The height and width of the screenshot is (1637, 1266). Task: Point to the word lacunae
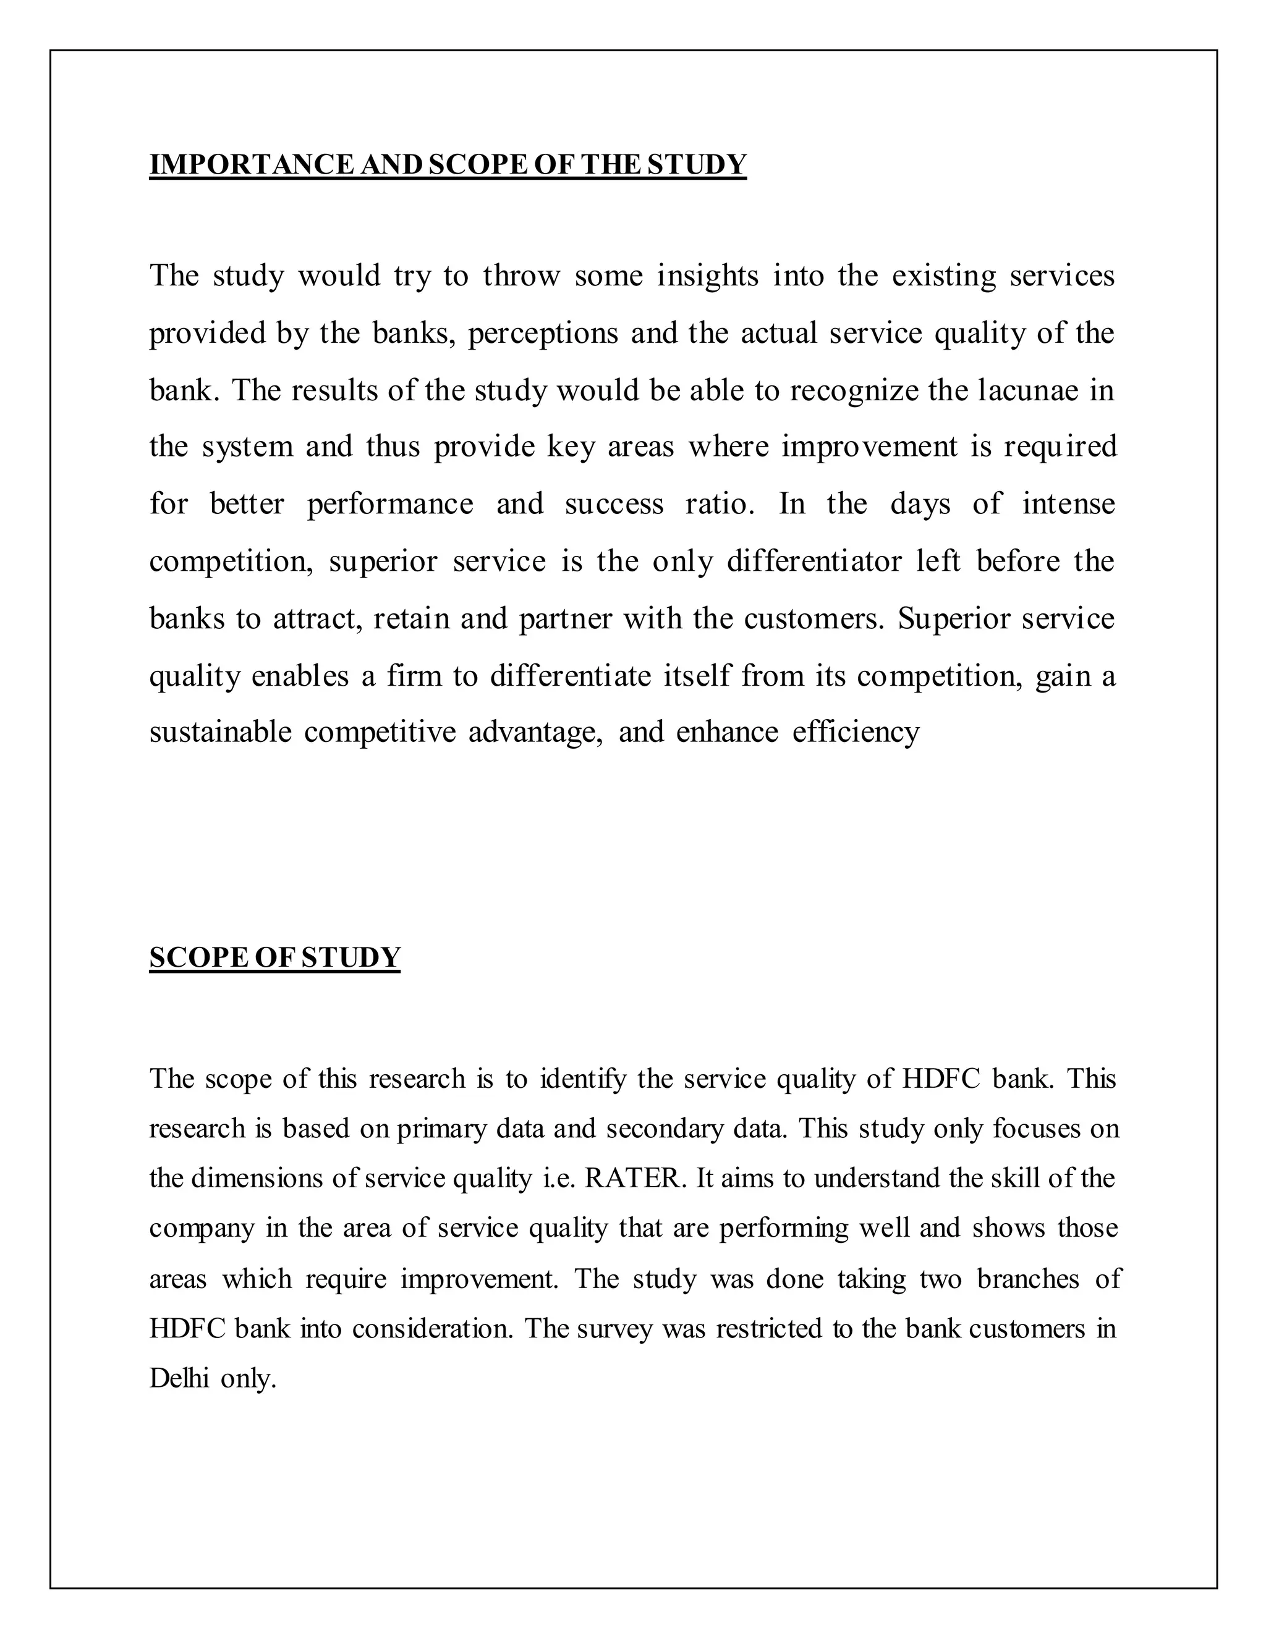click(1027, 390)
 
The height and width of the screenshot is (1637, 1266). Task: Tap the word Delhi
click(179, 1378)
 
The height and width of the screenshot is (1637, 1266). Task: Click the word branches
click(1027, 1278)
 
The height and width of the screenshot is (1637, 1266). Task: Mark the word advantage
click(535, 732)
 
